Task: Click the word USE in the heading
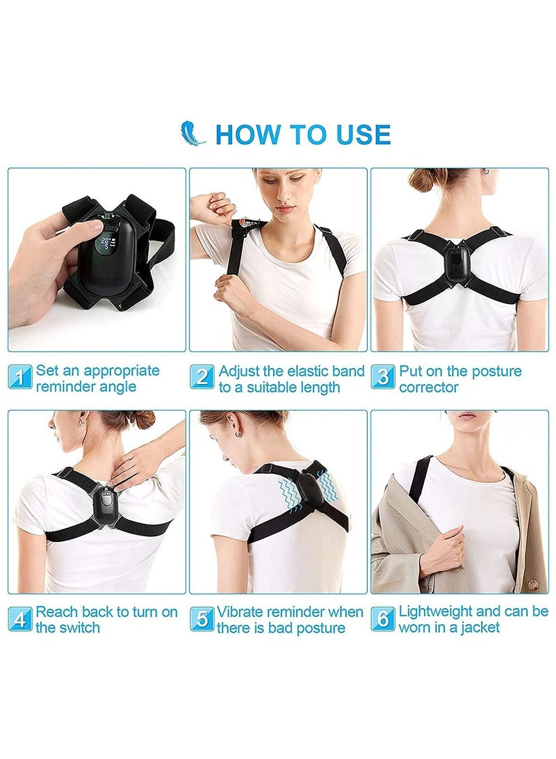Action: pyautogui.click(x=354, y=134)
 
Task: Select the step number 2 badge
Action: pyautogui.click(x=202, y=376)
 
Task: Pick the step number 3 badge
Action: pyautogui.click(x=382, y=376)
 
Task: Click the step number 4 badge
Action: pyautogui.click(x=21, y=618)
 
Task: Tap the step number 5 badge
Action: pyautogui.click(x=202, y=618)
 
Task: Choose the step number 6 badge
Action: pyautogui.click(x=382, y=618)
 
